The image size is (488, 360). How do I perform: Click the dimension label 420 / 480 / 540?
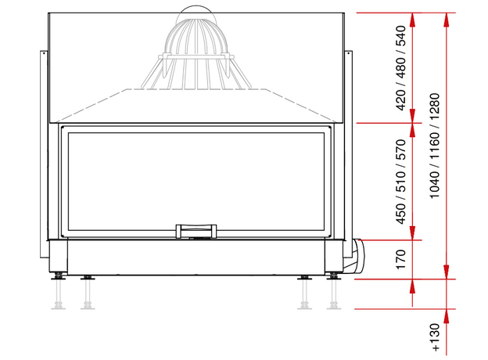coord(401,68)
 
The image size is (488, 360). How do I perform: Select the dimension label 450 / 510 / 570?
coord(401,182)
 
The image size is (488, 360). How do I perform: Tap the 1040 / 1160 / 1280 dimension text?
coord(434,146)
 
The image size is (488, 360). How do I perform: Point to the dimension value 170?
coord(401,259)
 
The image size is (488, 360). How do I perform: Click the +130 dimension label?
coord(435,337)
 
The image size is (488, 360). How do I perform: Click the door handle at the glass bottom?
coord(196,231)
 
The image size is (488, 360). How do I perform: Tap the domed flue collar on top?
coord(196,47)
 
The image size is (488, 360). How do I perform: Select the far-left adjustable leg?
coord(58,291)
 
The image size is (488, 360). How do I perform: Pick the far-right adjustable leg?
coord(334,291)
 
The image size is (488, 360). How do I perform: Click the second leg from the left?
coord(88,292)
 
